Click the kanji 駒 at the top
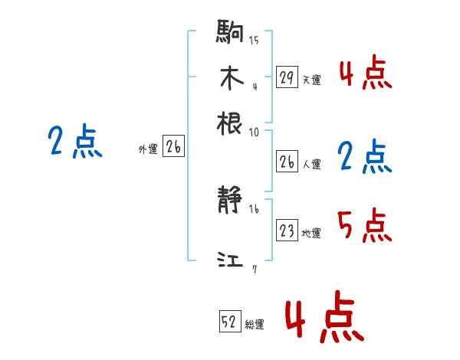point(230,34)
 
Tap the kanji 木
point(230,78)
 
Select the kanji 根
point(230,122)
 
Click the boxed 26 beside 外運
point(173,148)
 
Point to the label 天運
point(311,80)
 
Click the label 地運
point(311,233)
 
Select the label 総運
point(255,324)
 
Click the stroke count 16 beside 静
point(254,209)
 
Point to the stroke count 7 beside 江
point(254,268)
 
